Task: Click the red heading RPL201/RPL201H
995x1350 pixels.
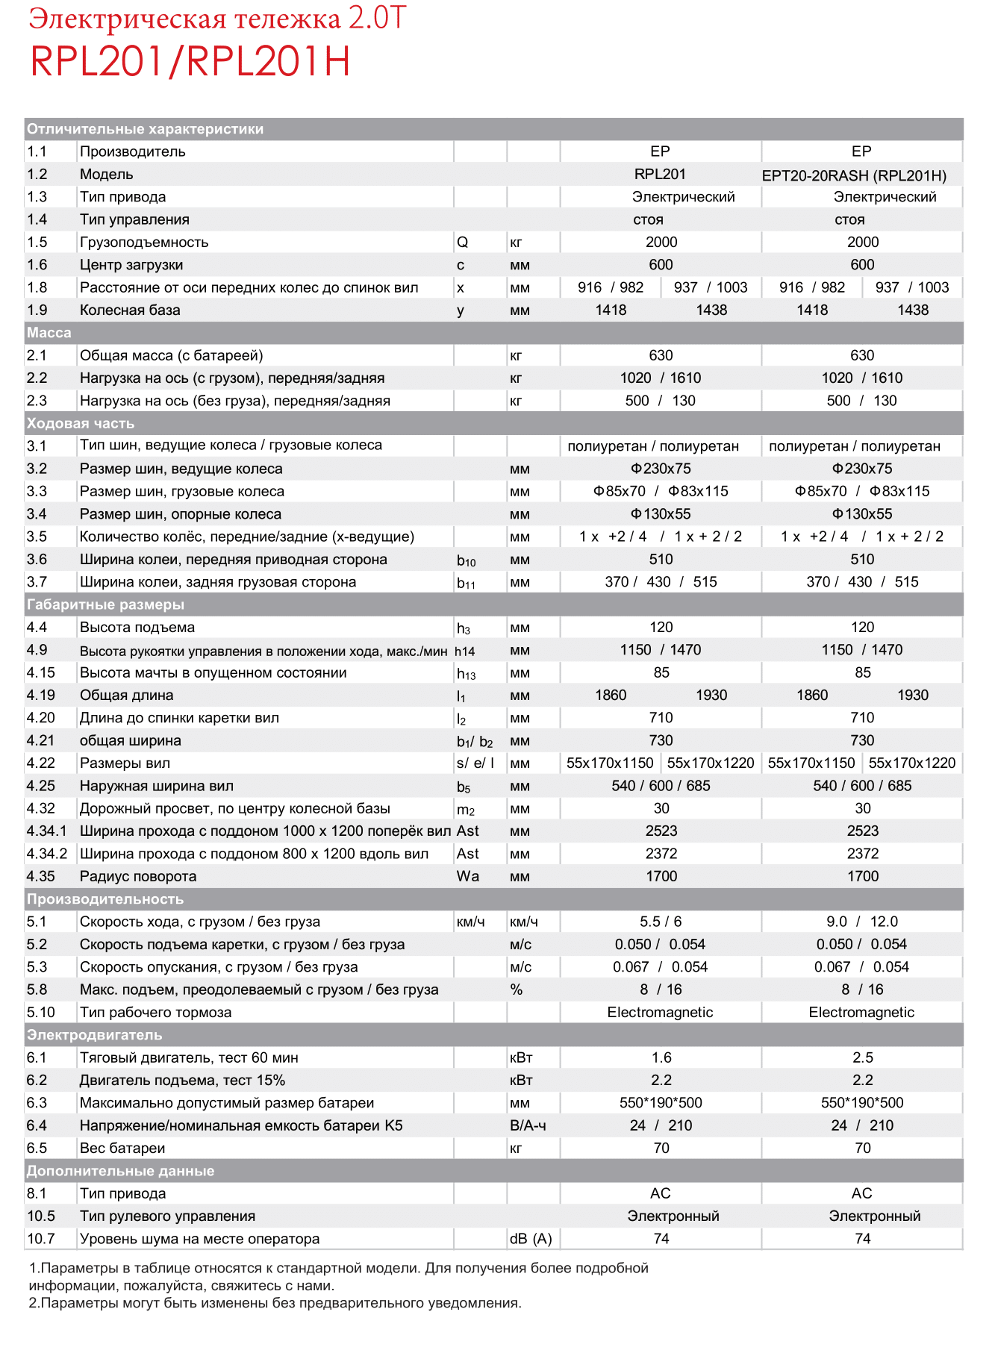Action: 190,62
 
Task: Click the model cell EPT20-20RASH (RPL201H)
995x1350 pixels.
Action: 854,175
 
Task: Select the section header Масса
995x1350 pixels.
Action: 49,333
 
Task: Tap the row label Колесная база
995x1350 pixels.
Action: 130,310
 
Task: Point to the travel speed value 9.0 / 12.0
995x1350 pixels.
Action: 862,922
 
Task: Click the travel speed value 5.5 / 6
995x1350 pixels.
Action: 661,922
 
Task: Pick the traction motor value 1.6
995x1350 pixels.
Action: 661,1057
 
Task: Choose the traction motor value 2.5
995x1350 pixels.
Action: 863,1057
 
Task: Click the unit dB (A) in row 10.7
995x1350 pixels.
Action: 531,1239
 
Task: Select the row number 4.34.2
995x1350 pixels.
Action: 47,854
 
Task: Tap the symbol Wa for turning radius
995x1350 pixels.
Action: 468,876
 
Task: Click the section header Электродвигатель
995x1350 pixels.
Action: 95,1035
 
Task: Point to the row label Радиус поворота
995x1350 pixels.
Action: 138,876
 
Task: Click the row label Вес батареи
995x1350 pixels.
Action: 122,1148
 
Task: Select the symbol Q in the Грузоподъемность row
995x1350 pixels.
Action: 463,243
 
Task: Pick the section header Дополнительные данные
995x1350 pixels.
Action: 121,1171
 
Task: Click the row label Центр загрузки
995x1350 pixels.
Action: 131,265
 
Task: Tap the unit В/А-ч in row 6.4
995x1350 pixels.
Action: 528,1125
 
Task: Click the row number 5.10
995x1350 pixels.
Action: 41,1012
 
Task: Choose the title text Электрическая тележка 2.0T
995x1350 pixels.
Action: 217,19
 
